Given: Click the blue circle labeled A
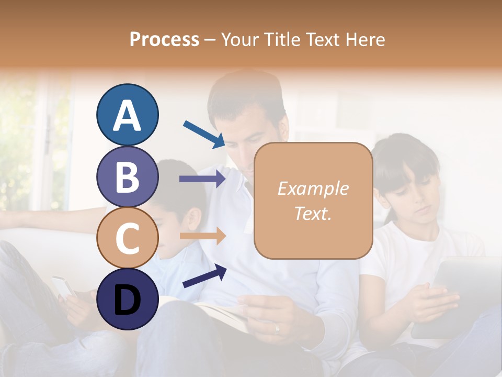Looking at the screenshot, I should (x=128, y=115).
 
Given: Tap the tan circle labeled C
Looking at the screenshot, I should (x=128, y=238).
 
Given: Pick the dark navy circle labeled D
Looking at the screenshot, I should (x=128, y=299).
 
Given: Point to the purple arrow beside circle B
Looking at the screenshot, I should (x=202, y=179).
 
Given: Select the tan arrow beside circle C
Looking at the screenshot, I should (x=202, y=236).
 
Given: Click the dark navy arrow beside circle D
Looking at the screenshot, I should (x=204, y=276).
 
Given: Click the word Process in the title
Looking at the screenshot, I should (x=164, y=40).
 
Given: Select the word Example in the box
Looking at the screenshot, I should (x=313, y=188).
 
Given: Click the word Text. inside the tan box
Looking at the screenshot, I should (x=313, y=213).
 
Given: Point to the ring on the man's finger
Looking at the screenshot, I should (x=277, y=328).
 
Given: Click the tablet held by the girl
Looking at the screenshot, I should (x=460, y=293).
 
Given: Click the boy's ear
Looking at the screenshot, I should (x=195, y=220).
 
